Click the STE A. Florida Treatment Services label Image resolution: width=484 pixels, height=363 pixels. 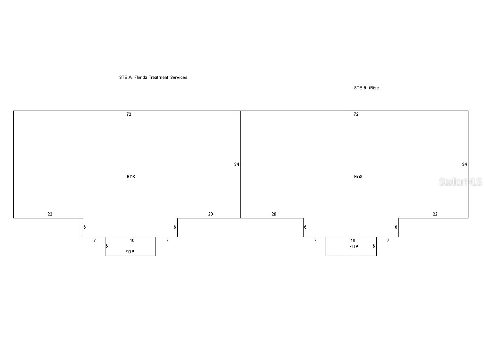point(153,78)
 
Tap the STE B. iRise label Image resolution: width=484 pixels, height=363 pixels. point(366,88)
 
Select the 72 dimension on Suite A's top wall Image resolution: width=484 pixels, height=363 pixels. point(129,114)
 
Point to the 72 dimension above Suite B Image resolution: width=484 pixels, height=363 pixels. point(356,114)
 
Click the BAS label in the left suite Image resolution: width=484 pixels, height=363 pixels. point(131,177)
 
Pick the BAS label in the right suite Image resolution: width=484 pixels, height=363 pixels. point(358,177)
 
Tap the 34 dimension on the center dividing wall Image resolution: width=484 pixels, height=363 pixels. point(237,164)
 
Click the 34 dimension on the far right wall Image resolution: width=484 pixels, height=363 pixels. point(464,164)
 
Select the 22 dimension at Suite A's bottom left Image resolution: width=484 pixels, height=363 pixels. point(50,214)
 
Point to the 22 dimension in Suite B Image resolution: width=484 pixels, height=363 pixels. point(435,214)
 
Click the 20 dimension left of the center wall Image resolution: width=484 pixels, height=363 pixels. point(210,214)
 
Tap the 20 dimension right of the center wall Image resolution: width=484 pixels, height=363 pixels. point(274,214)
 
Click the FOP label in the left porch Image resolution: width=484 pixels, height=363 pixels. point(130,251)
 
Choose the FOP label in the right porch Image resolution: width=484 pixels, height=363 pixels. point(354,246)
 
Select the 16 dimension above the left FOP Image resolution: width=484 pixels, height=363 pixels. point(132,241)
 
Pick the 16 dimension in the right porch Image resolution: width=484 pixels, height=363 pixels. point(353,241)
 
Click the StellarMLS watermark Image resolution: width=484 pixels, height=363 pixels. point(460,182)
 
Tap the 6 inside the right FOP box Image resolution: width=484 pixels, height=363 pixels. point(374,246)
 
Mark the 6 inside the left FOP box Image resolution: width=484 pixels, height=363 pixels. point(107,246)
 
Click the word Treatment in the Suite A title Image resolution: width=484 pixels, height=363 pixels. point(159,78)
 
